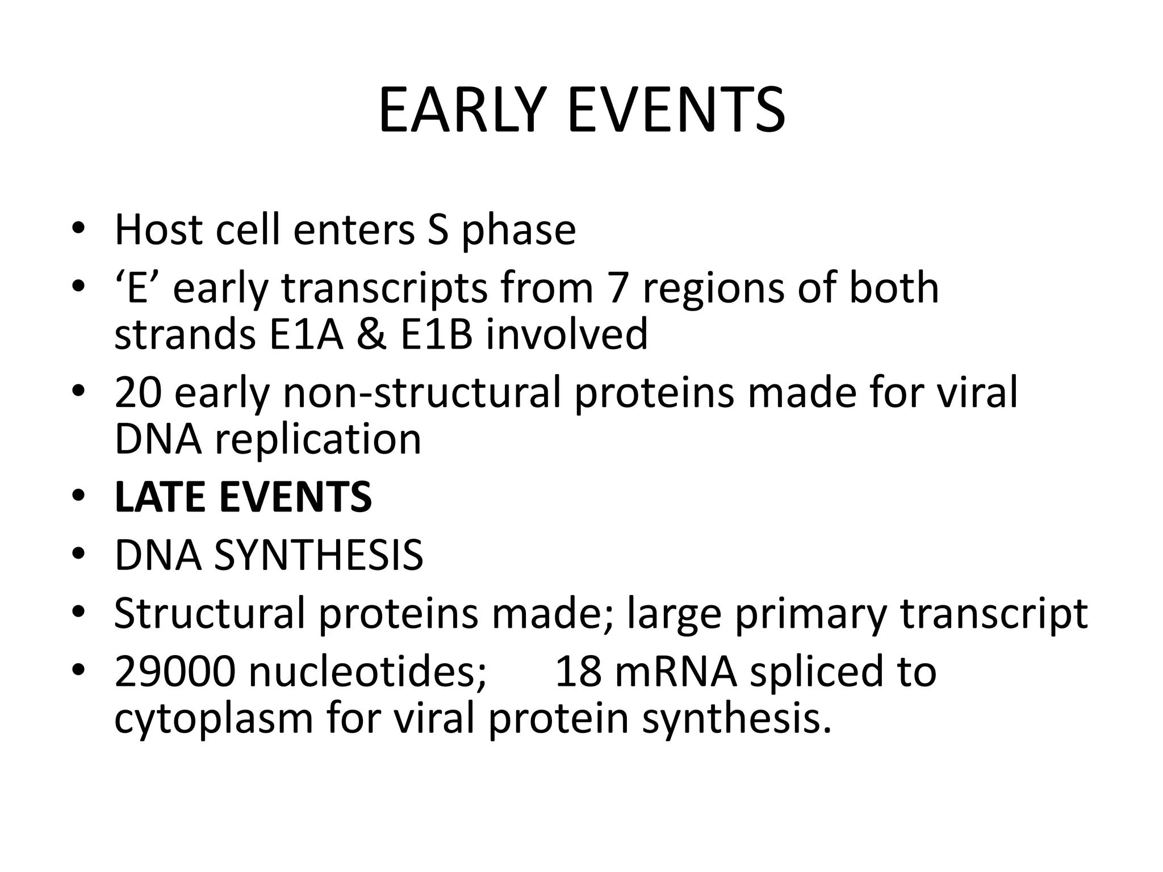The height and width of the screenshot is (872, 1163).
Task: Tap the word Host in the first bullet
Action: tap(158, 230)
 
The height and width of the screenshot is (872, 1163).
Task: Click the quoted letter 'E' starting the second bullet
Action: tap(137, 288)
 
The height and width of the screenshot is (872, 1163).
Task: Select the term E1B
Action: tap(436, 334)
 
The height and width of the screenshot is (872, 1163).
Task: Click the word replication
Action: tap(318, 439)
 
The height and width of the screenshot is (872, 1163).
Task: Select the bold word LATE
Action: tap(160, 497)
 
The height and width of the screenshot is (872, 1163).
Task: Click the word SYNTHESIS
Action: tap(318, 555)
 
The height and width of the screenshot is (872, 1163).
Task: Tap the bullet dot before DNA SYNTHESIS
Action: tap(78, 554)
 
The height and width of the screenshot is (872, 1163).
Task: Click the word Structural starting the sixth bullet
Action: tap(210, 613)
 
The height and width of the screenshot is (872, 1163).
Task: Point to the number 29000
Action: tap(174, 672)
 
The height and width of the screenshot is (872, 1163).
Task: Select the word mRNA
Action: tap(675, 672)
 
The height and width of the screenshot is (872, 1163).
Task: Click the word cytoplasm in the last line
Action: tap(214, 719)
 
